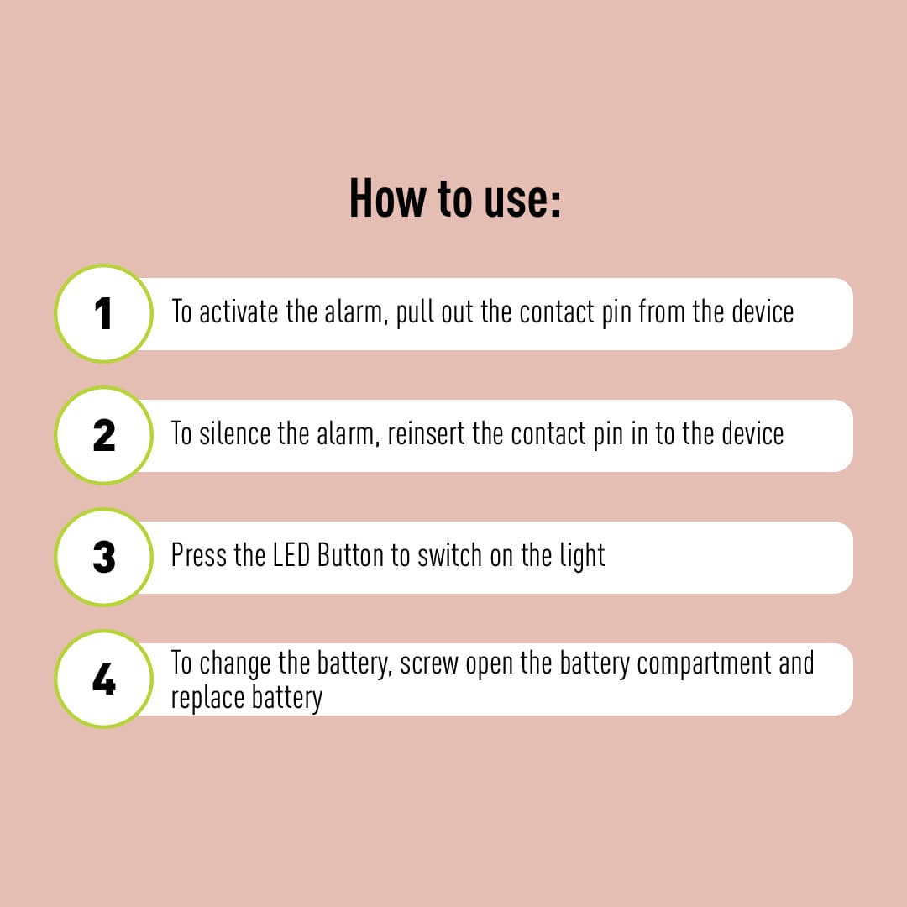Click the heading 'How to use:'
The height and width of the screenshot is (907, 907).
click(454, 200)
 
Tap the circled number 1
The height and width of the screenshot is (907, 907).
click(103, 314)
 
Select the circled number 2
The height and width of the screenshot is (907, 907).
click(103, 436)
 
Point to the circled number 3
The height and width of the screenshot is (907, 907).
click(103, 558)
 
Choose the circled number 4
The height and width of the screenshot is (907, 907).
click(103, 679)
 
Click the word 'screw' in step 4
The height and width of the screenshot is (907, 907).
click(429, 664)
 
